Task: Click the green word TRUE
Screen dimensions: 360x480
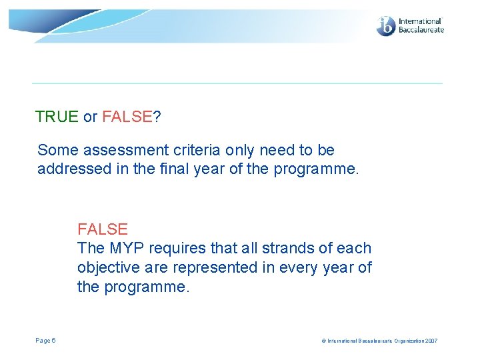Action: (57, 117)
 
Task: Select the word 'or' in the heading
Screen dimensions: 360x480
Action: (90, 117)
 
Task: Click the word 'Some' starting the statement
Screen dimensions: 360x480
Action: (55, 151)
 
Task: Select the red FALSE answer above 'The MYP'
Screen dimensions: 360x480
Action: (103, 229)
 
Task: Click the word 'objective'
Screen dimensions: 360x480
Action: (107, 268)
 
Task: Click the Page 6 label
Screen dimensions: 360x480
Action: (45, 341)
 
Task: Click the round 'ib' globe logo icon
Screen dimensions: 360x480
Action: (386, 27)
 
